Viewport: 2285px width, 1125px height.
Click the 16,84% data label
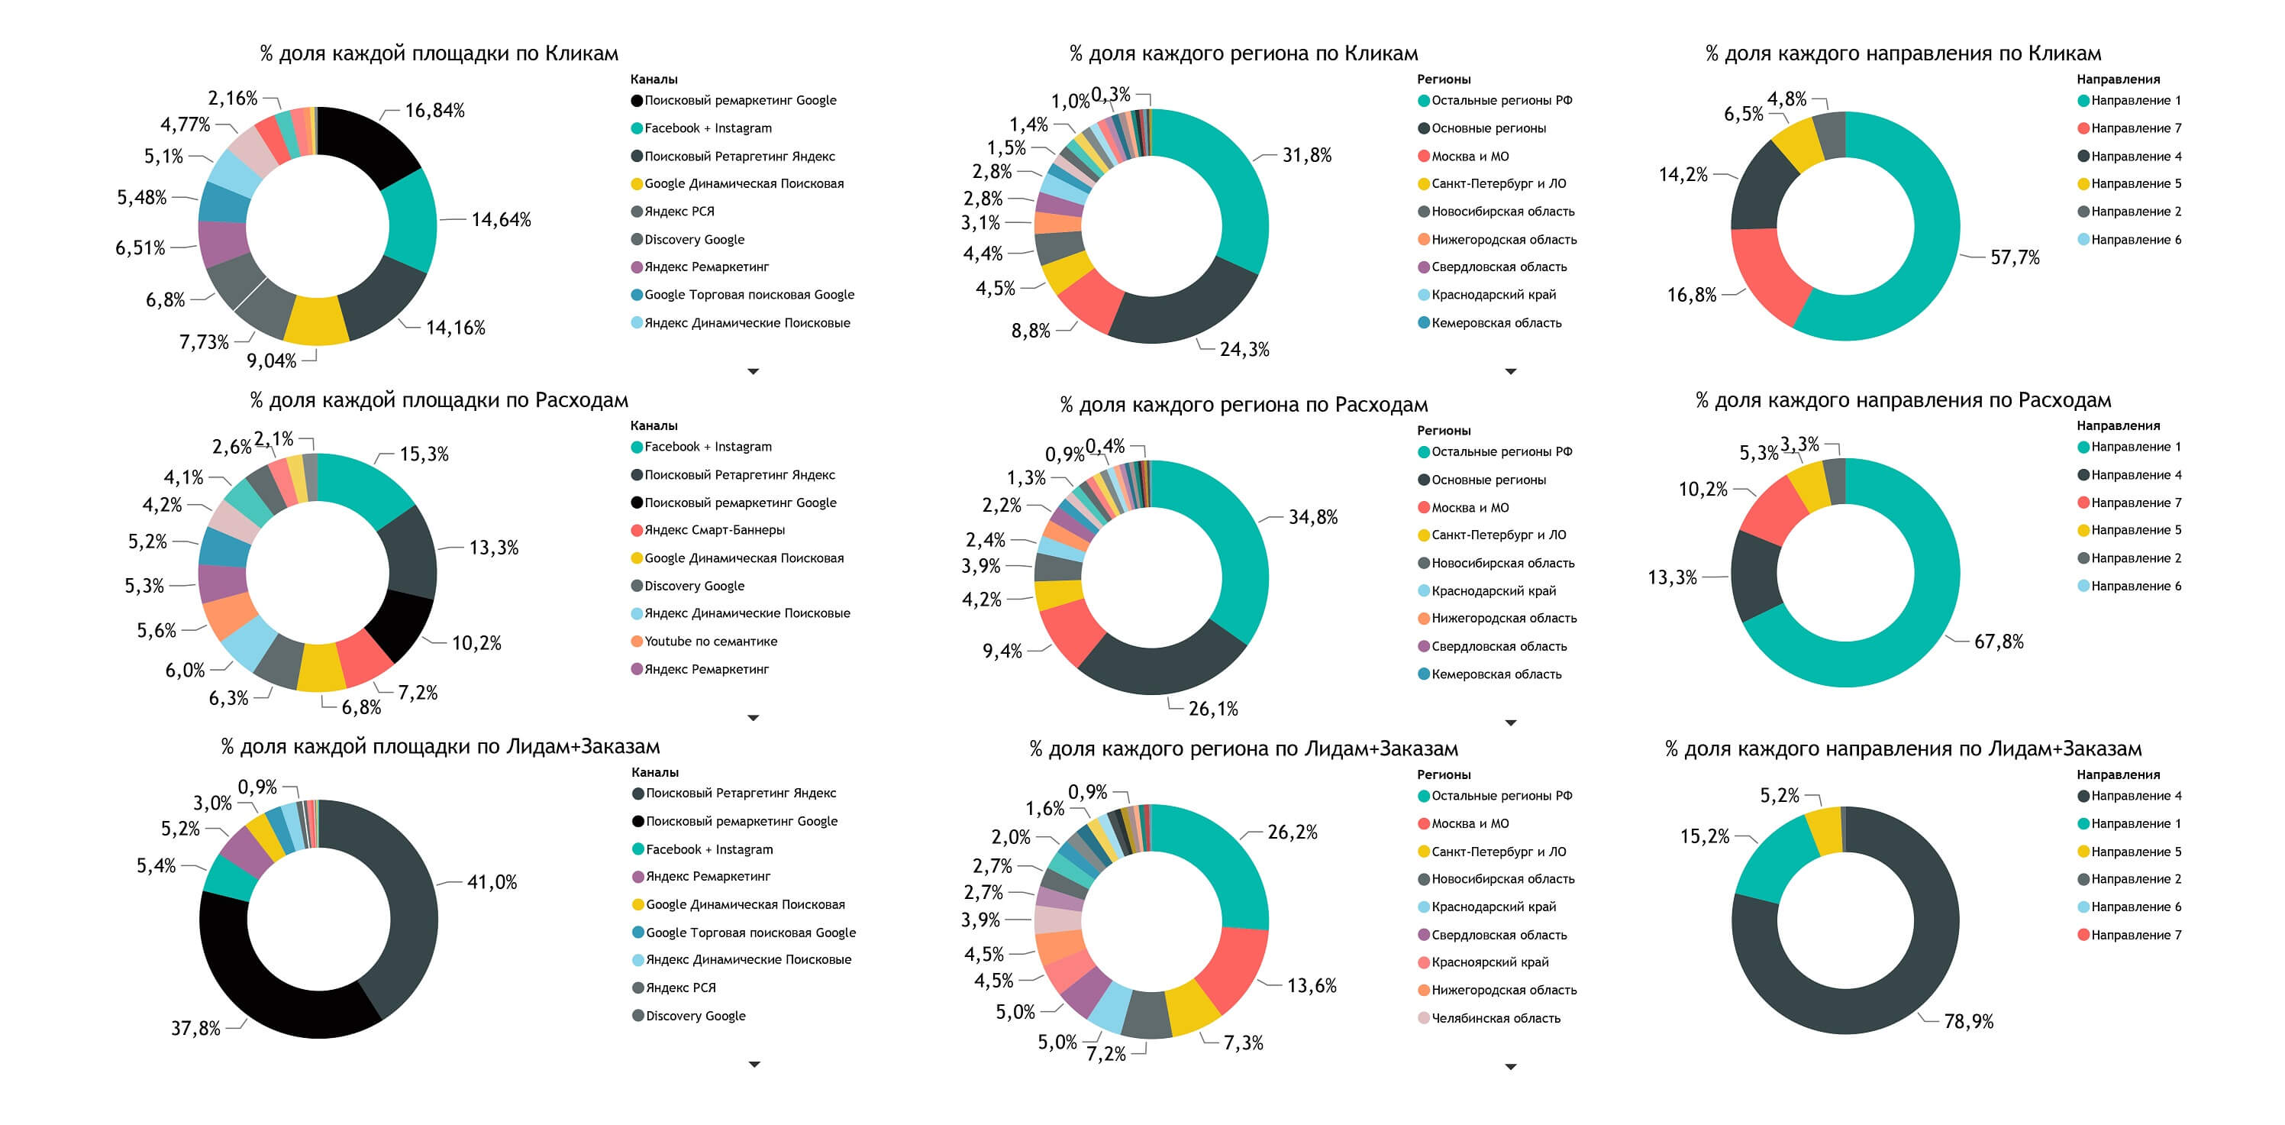tap(434, 111)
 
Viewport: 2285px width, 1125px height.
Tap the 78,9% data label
tap(1968, 1022)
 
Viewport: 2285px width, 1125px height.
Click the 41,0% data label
tap(492, 883)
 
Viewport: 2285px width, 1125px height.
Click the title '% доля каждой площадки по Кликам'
tap(439, 53)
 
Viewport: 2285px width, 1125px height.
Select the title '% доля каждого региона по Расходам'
tap(1244, 406)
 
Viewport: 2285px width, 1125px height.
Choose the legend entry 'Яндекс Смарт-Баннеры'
tap(714, 531)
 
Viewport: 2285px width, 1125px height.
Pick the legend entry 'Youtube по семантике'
tap(711, 642)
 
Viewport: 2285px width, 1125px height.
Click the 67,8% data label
tap(1999, 642)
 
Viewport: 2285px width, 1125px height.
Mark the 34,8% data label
tap(1313, 517)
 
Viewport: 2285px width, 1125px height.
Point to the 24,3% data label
tap(1244, 350)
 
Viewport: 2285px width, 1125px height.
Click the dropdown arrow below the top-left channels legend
tap(753, 372)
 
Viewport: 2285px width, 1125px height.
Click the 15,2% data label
tap(1704, 836)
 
